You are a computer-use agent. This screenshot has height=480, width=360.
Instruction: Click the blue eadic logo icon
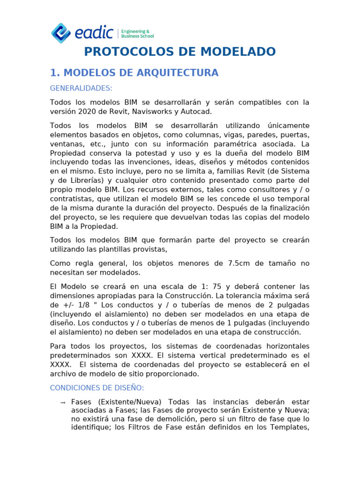(60, 33)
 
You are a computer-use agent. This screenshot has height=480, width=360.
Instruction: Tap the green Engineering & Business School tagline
(137, 33)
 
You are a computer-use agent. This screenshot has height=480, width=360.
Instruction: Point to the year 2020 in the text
(84, 112)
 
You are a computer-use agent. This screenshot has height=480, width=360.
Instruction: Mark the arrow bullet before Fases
(63, 403)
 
